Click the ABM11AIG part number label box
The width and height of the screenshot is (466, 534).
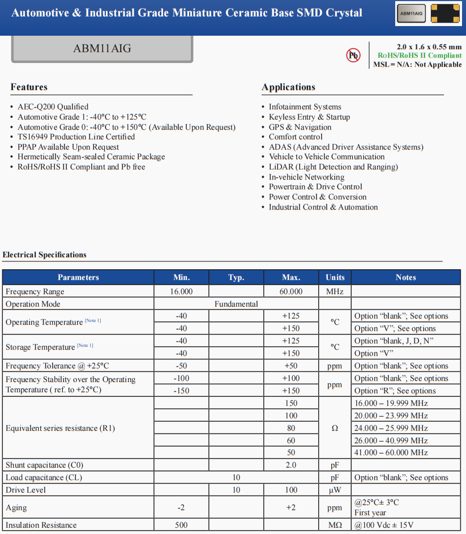102,49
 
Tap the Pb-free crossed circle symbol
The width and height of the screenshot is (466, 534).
353,55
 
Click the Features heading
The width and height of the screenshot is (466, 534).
29,87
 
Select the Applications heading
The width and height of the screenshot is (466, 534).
288,87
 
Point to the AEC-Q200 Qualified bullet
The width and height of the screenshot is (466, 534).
53,107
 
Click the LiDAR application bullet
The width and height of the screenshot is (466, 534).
333,167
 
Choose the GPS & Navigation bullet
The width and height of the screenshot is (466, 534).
300,127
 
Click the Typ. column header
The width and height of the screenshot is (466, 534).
236,277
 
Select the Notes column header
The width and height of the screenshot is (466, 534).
405,277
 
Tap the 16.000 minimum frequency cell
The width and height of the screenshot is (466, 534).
181,291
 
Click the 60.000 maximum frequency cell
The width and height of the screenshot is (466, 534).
291,291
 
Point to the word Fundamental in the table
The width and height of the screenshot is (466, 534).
236,304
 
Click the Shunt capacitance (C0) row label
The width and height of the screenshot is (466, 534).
44,465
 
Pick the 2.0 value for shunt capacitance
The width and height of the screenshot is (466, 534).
291,465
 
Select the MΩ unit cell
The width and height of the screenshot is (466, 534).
335,525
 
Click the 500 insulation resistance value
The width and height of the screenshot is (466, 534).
181,525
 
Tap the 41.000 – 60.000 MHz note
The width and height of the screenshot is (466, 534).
391,452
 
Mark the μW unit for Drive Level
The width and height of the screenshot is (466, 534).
335,490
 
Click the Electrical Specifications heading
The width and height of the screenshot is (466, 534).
45,255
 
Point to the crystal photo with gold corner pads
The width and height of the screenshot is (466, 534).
445,13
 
